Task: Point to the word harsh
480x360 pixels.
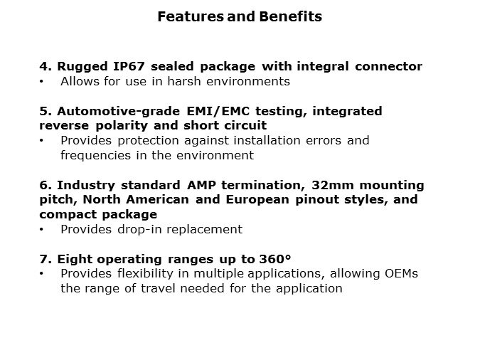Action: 188,81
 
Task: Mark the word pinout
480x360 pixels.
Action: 331,199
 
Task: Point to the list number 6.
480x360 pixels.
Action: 43,185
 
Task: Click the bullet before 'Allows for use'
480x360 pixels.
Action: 43,82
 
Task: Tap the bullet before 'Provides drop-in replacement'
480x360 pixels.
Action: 43,230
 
